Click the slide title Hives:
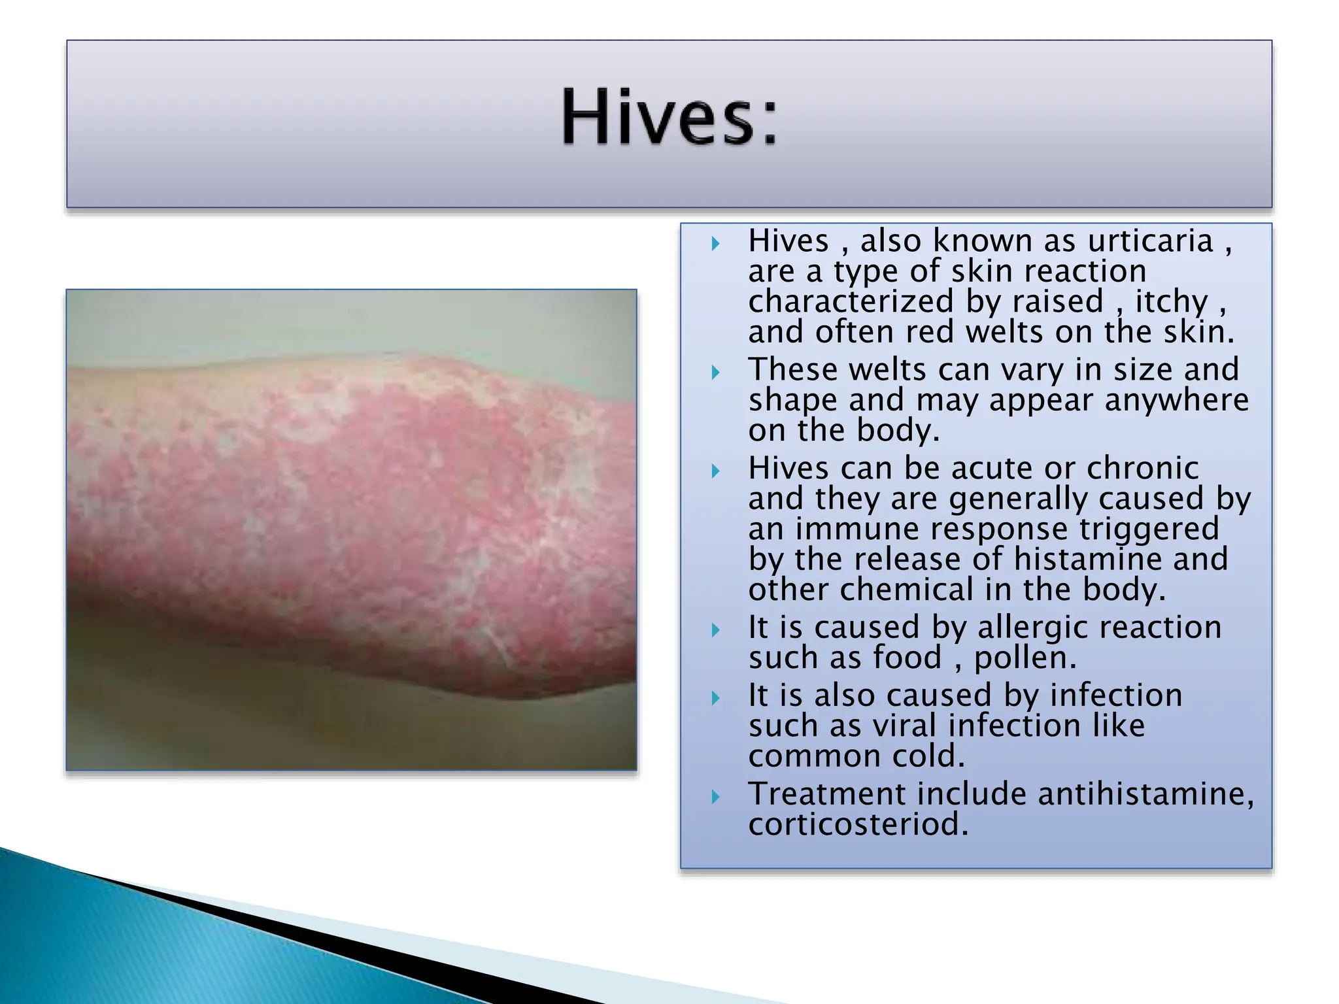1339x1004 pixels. (669, 118)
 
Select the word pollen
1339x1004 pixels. (1025, 658)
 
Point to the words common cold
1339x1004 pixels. (856, 757)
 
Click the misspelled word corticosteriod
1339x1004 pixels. (857, 824)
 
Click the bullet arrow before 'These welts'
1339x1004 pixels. (715, 373)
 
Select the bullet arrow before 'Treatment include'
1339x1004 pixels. (715, 797)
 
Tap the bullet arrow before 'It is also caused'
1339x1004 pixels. (715, 698)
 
